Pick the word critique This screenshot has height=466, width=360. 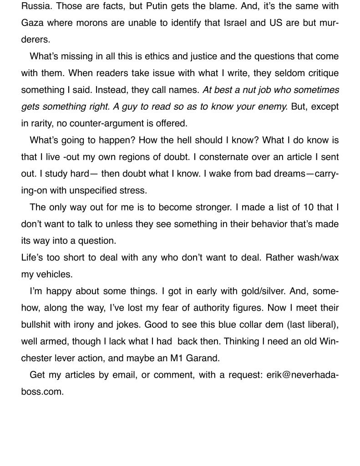323,73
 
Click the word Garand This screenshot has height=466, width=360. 201,358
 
